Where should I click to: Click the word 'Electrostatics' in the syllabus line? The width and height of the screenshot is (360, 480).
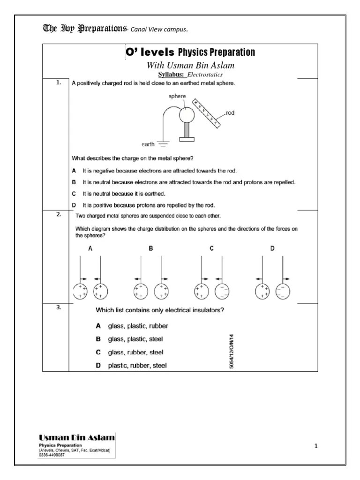tap(205, 75)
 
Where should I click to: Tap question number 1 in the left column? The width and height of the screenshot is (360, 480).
tap(59, 82)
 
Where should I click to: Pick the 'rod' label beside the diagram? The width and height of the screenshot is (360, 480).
tap(230, 113)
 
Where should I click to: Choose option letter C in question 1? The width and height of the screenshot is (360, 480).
tap(74, 193)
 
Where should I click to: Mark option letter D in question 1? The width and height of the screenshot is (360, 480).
tap(74, 205)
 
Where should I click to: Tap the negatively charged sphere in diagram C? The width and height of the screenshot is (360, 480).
tap(222, 291)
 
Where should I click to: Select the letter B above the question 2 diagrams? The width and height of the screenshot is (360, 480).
tap(151, 249)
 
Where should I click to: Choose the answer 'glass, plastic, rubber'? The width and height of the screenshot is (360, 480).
tap(138, 325)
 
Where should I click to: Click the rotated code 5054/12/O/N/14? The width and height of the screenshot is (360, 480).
tap(232, 351)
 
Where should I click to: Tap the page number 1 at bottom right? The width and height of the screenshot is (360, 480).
tap(316, 446)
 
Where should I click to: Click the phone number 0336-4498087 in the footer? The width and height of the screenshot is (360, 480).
tap(52, 454)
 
